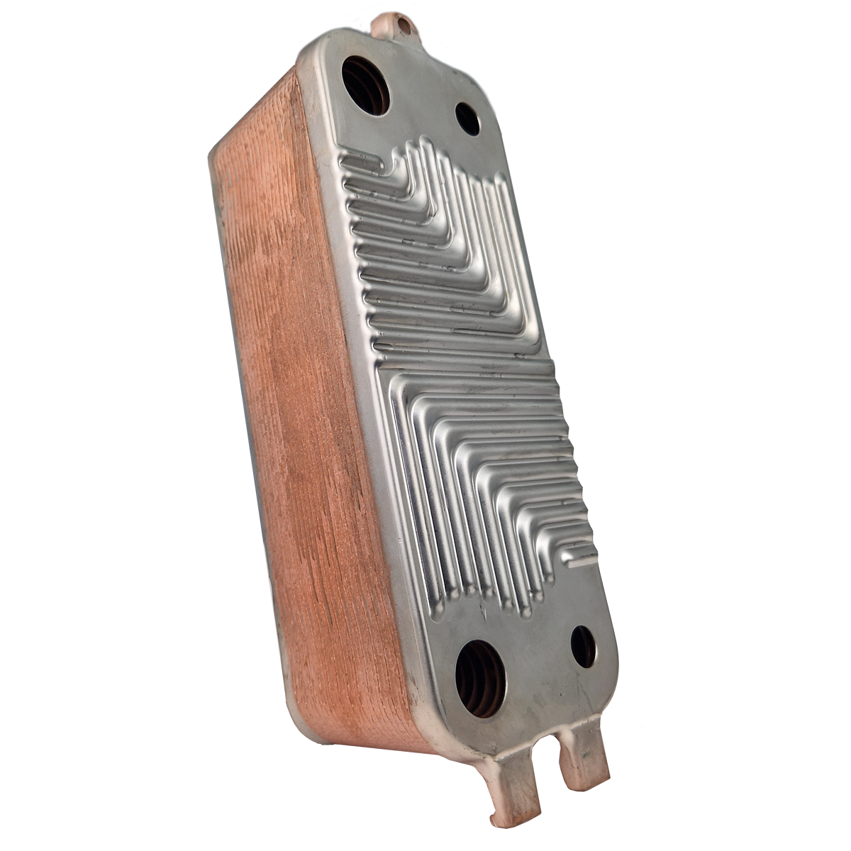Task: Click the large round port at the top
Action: click(365, 84)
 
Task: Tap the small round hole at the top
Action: click(467, 118)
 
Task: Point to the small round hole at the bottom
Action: click(583, 647)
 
